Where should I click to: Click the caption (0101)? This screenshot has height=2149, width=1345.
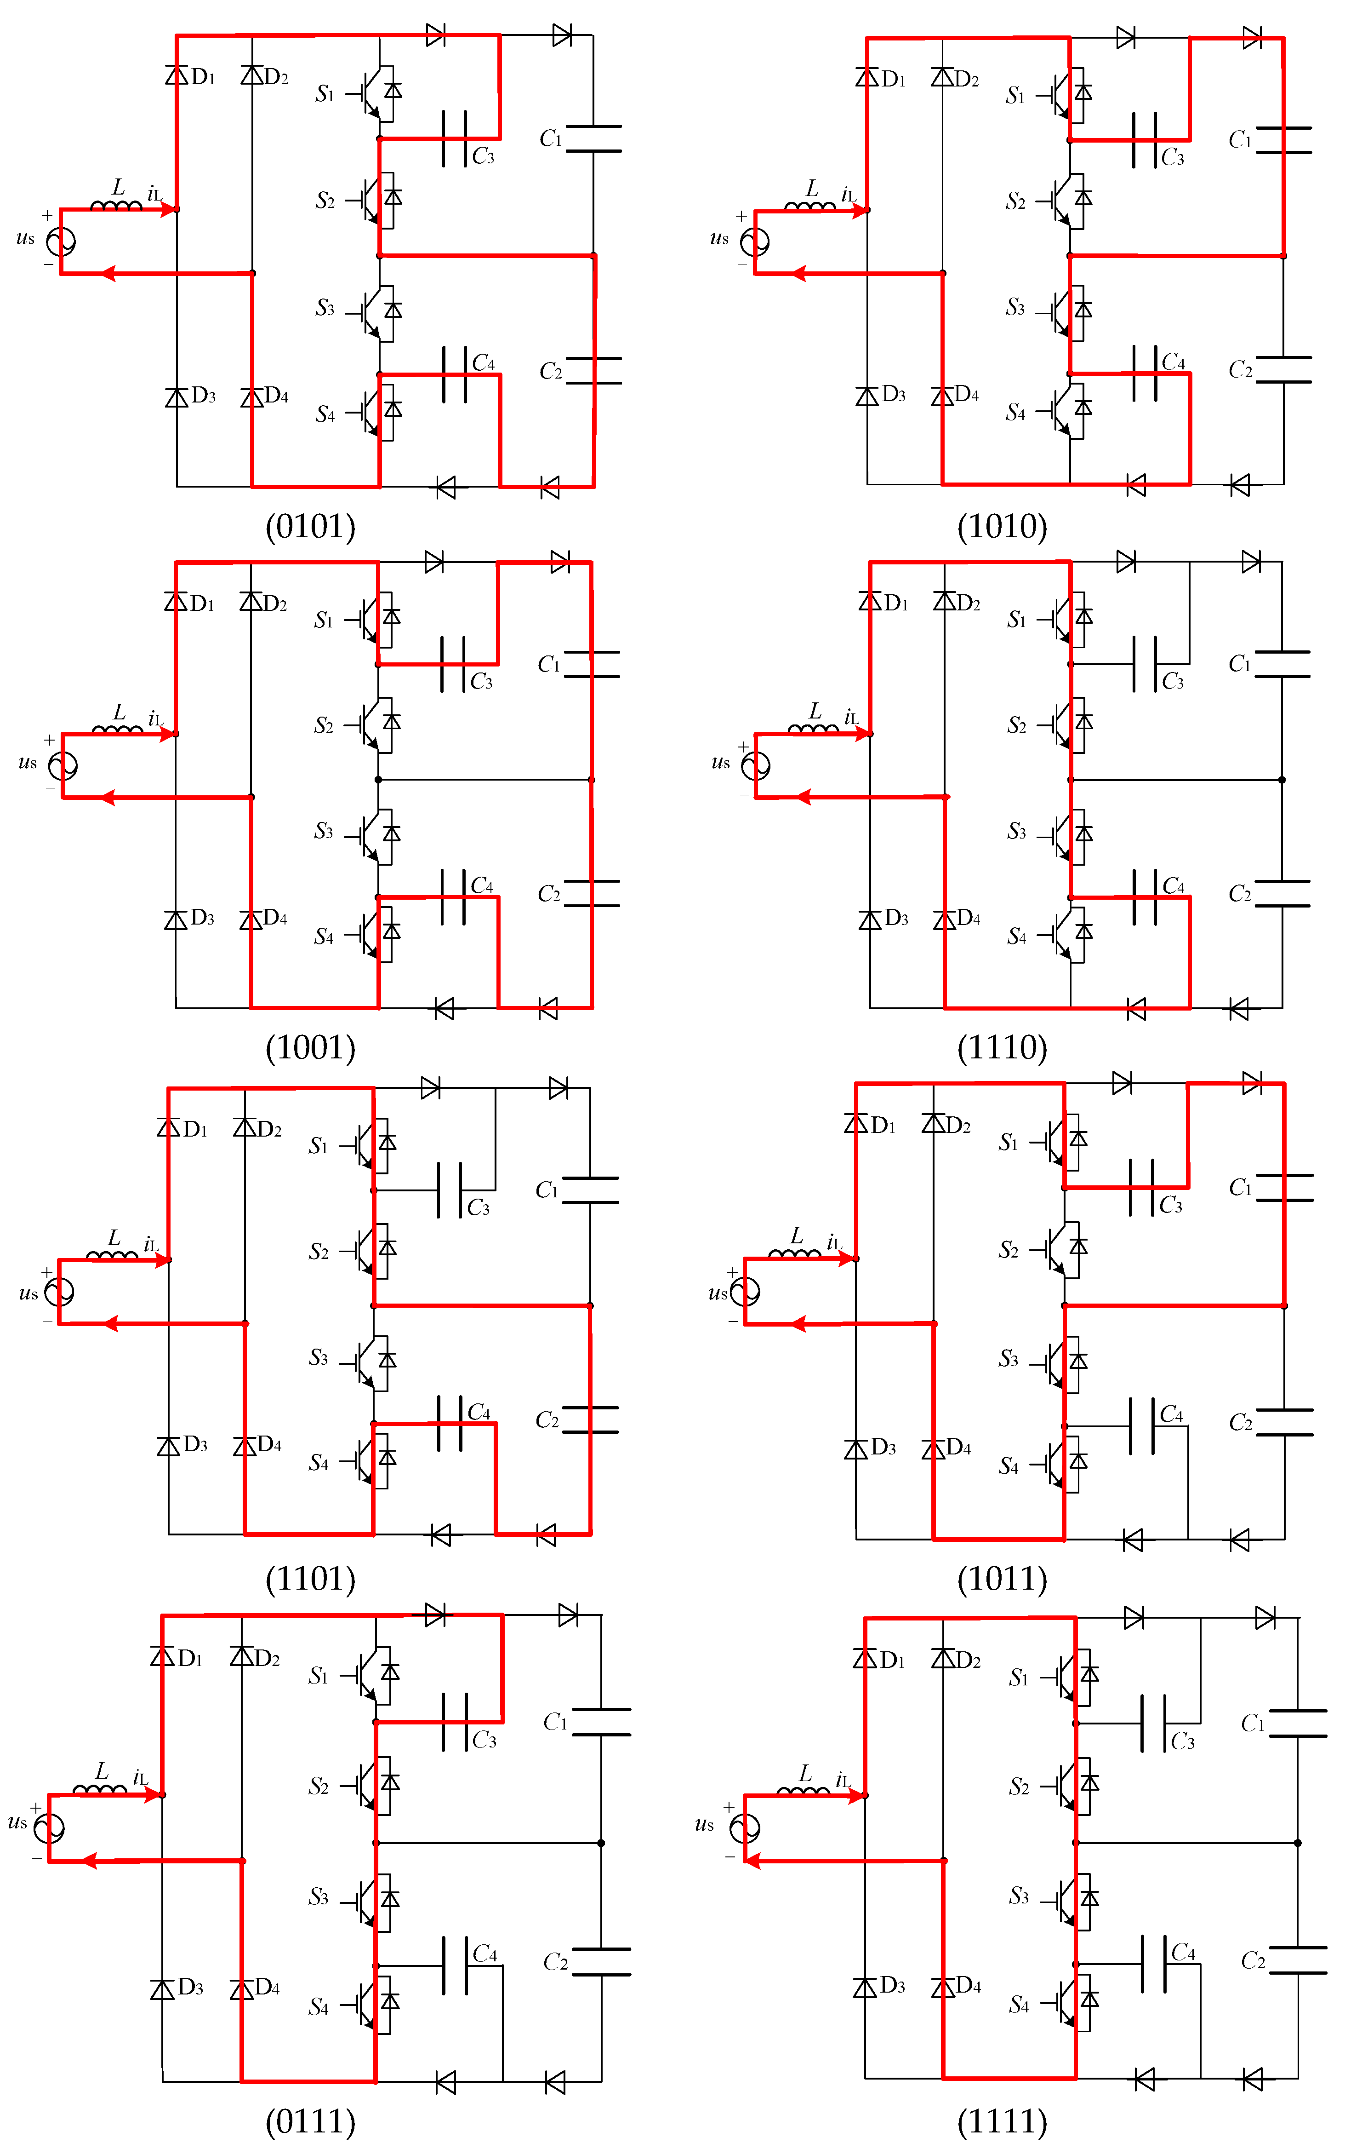310,526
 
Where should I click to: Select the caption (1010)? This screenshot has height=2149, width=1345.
1002,526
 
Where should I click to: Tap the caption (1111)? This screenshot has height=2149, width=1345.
1002,2120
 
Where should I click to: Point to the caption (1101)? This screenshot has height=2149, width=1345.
310,1578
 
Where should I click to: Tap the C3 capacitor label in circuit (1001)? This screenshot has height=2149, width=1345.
481,682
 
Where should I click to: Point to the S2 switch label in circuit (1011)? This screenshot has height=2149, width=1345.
1009,1250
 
